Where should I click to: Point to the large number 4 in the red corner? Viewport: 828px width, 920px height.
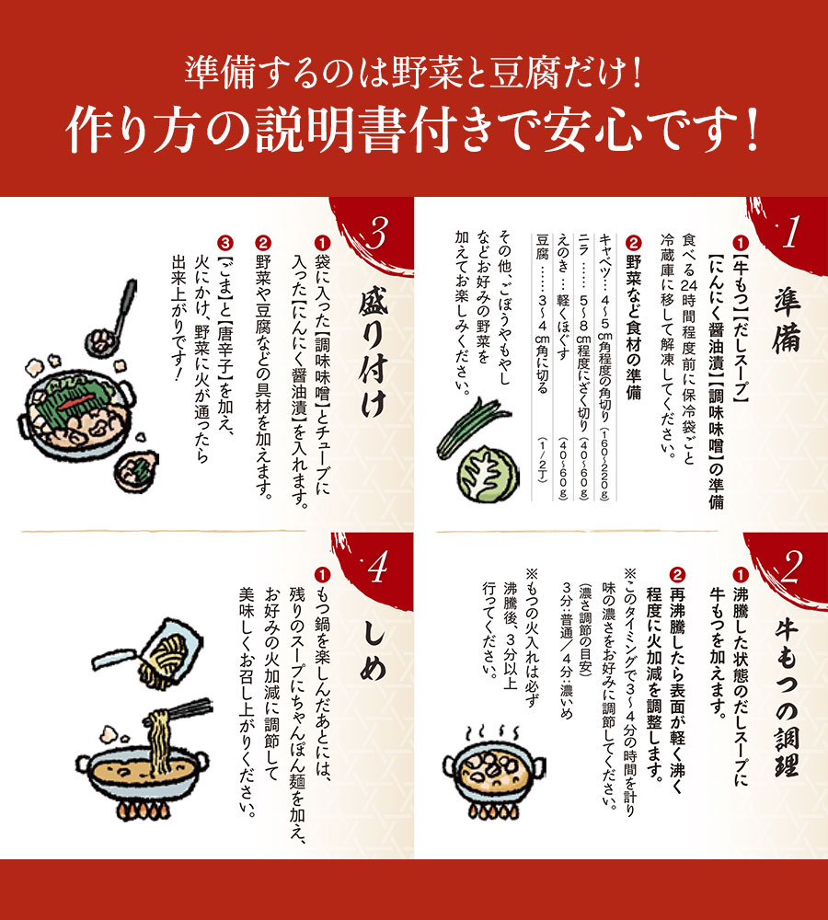pos(376,572)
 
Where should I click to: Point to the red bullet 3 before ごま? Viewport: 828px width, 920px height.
pos(224,243)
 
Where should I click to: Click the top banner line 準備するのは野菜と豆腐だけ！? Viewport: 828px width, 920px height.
pos(413,70)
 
